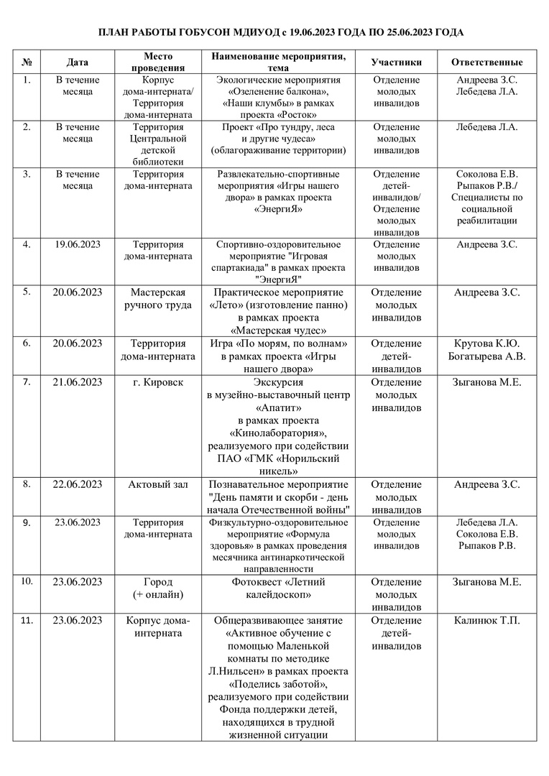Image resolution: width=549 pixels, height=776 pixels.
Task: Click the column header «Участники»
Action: click(396, 63)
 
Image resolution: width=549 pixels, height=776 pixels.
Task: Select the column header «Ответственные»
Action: click(486, 63)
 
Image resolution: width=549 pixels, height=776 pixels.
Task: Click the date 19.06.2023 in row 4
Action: click(78, 244)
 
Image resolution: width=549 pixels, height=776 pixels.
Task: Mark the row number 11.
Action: click(27, 620)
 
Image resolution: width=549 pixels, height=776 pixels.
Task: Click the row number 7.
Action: click(27, 381)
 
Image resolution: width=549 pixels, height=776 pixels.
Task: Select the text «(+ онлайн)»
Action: click(159, 595)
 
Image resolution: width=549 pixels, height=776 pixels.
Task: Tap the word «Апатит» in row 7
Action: click(278, 407)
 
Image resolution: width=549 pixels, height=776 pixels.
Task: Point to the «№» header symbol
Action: click(27, 63)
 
